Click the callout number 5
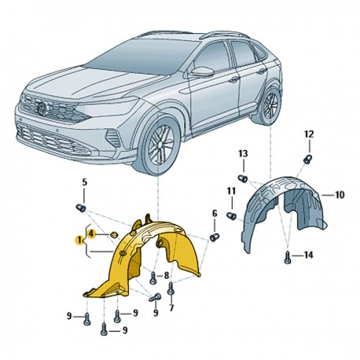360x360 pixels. (x=84, y=182)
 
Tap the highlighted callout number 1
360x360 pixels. (x=79, y=240)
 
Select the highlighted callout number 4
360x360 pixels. (x=90, y=233)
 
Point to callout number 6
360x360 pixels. (x=215, y=214)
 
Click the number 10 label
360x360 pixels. (x=340, y=195)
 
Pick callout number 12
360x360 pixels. (x=309, y=134)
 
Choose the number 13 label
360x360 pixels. (x=243, y=153)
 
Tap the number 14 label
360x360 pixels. (x=309, y=255)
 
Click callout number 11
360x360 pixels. (x=231, y=191)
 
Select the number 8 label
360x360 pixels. (x=167, y=275)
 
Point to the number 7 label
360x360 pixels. (x=171, y=308)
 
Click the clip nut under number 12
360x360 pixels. (x=307, y=159)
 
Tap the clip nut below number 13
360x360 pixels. (x=243, y=179)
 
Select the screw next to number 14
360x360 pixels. (x=288, y=259)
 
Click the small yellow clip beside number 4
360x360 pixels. (x=113, y=234)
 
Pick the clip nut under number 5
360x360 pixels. (x=81, y=208)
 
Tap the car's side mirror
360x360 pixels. (x=203, y=72)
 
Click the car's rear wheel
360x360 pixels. (x=270, y=105)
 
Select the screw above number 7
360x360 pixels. (x=171, y=289)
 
